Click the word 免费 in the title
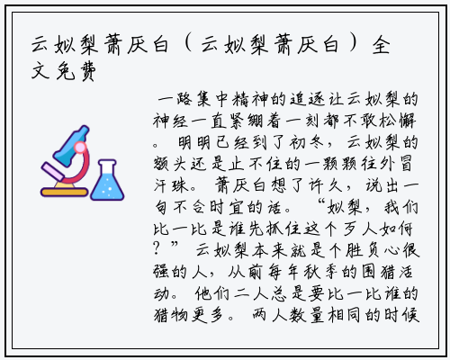[x=76, y=72]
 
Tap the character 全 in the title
[x=381, y=45]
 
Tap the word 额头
[x=169, y=164]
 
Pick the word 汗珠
[x=171, y=185]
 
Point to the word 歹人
[x=360, y=229]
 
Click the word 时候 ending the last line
[x=401, y=315]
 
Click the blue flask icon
[x=107, y=180]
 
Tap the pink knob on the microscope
[x=80, y=148]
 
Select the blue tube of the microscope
[x=71, y=146]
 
